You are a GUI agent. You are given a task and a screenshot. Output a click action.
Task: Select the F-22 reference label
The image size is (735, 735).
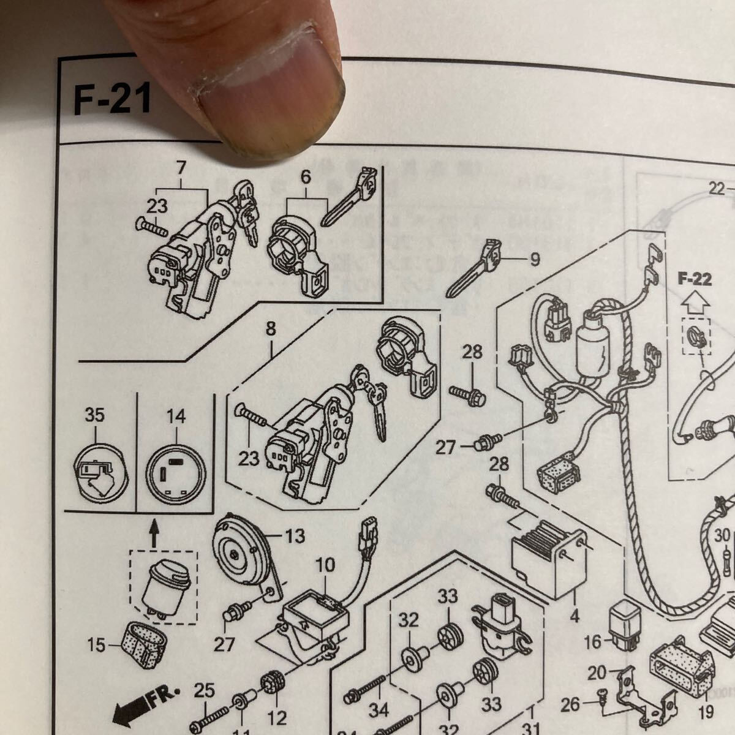695,280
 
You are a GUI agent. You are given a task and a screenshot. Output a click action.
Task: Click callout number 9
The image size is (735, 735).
535,260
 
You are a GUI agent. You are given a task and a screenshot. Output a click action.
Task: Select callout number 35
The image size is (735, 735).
95,415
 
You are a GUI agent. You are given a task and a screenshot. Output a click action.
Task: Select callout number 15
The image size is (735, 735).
96,644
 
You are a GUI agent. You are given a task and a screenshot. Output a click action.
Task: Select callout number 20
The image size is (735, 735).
598,674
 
